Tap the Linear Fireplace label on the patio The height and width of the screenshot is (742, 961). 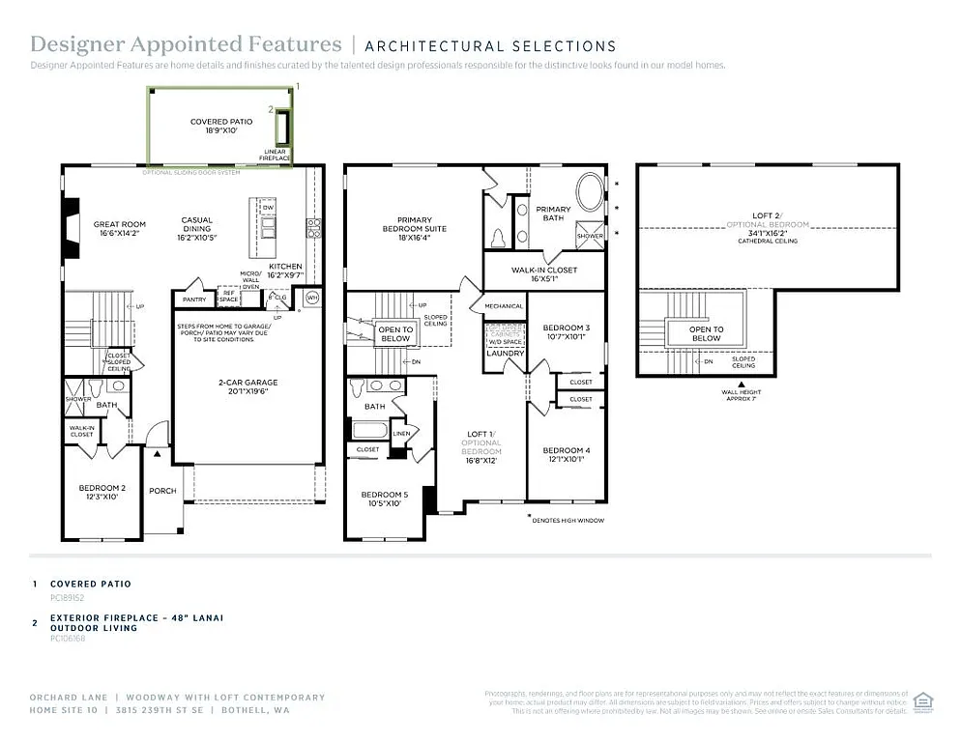277,155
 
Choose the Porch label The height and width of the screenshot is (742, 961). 162,491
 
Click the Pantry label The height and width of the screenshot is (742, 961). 194,300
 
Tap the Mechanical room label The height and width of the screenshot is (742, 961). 504,306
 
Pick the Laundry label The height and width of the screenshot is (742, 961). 505,354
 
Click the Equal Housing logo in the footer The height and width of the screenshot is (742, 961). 923,701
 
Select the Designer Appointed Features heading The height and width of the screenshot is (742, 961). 186,44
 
